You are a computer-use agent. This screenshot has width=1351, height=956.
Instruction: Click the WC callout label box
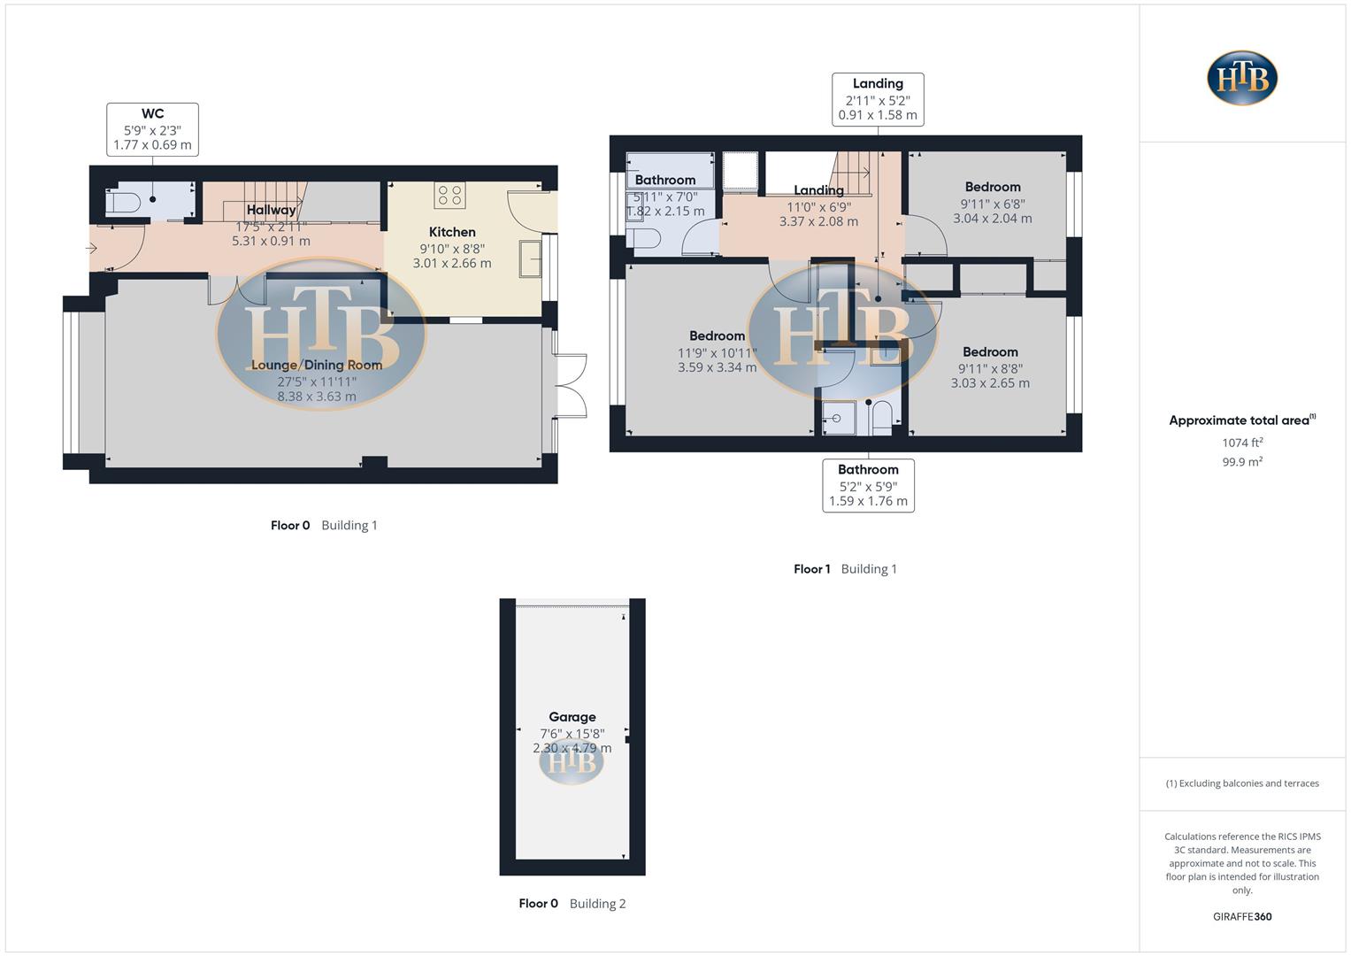[152, 129]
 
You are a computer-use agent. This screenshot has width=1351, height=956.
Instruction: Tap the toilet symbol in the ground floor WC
[122, 204]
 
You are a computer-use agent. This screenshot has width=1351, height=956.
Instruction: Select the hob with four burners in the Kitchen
[450, 196]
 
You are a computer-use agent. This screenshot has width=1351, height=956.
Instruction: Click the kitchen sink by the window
[531, 259]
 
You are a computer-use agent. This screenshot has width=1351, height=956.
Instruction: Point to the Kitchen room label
[452, 232]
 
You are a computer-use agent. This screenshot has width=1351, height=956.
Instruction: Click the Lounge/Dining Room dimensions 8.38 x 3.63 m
[317, 397]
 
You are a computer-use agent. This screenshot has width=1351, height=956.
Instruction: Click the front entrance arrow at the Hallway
[91, 249]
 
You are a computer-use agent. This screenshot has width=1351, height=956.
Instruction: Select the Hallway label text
[271, 210]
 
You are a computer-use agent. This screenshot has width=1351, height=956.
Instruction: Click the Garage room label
[572, 717]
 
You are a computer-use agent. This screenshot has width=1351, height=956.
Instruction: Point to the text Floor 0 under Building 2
[538, 904]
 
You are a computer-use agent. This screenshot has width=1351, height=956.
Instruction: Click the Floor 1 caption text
[811, 569]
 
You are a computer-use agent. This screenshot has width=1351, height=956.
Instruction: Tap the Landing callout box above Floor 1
[878, 99]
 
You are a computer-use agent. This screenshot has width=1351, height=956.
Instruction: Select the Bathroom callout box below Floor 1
[868, 485]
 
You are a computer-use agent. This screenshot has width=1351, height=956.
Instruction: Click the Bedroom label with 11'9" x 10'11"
[717, 336]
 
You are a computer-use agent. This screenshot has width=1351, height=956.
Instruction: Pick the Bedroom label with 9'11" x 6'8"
[993, 187]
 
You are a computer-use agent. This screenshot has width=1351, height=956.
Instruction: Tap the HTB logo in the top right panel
[1242, 78]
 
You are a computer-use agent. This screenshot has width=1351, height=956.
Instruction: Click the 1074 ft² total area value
[1242, 443]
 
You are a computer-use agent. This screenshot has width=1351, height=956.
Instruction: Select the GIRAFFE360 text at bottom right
[1242, 917]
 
